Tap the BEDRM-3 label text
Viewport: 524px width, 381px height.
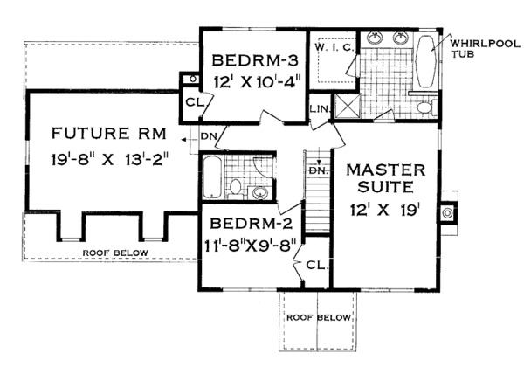click(256, 62)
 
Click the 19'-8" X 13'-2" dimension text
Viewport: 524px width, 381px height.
click(109, 161)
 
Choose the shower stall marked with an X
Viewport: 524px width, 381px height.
click(348, 107)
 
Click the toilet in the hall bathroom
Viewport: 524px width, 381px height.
click(237, 186)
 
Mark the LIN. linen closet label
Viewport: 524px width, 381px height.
click(319, 107)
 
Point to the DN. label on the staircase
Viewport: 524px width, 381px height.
click(321, 170)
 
